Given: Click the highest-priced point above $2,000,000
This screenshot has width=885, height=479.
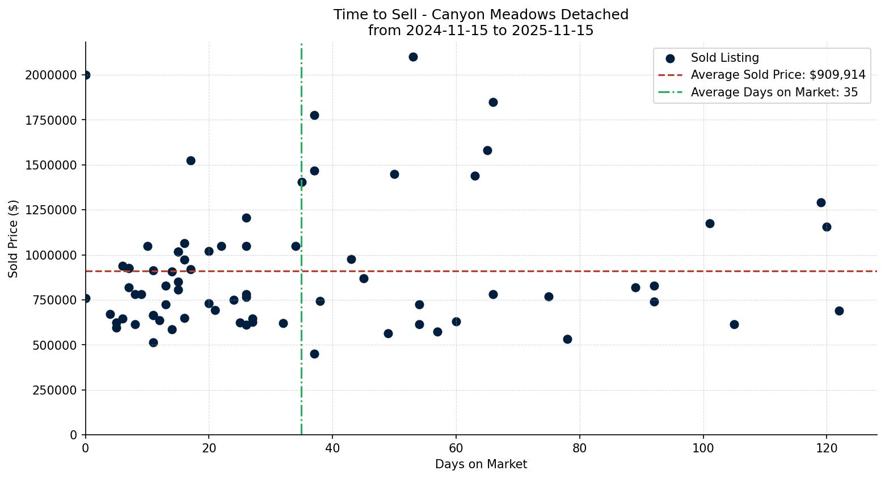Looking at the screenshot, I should [x=413, y=57].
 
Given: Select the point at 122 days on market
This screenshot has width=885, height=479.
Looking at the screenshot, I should [x=839, y=311].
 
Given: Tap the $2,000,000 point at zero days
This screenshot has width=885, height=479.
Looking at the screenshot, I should [x=86, y=75].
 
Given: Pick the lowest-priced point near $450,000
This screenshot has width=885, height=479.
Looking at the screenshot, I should [x=314, y=354].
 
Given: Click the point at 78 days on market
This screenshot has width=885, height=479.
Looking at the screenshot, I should [x=567, y=339].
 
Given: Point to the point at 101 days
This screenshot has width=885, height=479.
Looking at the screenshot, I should [x=710, y=223].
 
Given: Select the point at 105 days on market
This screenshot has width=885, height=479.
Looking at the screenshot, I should [x=734, y=324].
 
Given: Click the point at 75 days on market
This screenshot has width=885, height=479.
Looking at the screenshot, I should [x=549, y=296].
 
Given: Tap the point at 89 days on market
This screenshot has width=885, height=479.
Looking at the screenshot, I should [x=635, y=287].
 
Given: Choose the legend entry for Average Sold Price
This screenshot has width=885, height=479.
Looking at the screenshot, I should [x=778, y=75].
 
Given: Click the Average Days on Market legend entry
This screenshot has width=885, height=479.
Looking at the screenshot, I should [x=774, y=92].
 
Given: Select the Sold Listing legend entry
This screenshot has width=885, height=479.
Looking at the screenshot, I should [x=724, y=58].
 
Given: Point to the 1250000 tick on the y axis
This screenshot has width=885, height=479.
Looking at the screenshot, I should [x=51, y=210].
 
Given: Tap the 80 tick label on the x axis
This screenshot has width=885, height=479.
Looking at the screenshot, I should [x=579, y=448].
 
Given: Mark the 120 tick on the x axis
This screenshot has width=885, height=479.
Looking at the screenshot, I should [x=826, y=448].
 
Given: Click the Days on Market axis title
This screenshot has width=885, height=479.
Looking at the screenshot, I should [x=481, y=464].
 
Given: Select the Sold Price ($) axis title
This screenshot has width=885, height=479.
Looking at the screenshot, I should [x=14, y=239].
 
